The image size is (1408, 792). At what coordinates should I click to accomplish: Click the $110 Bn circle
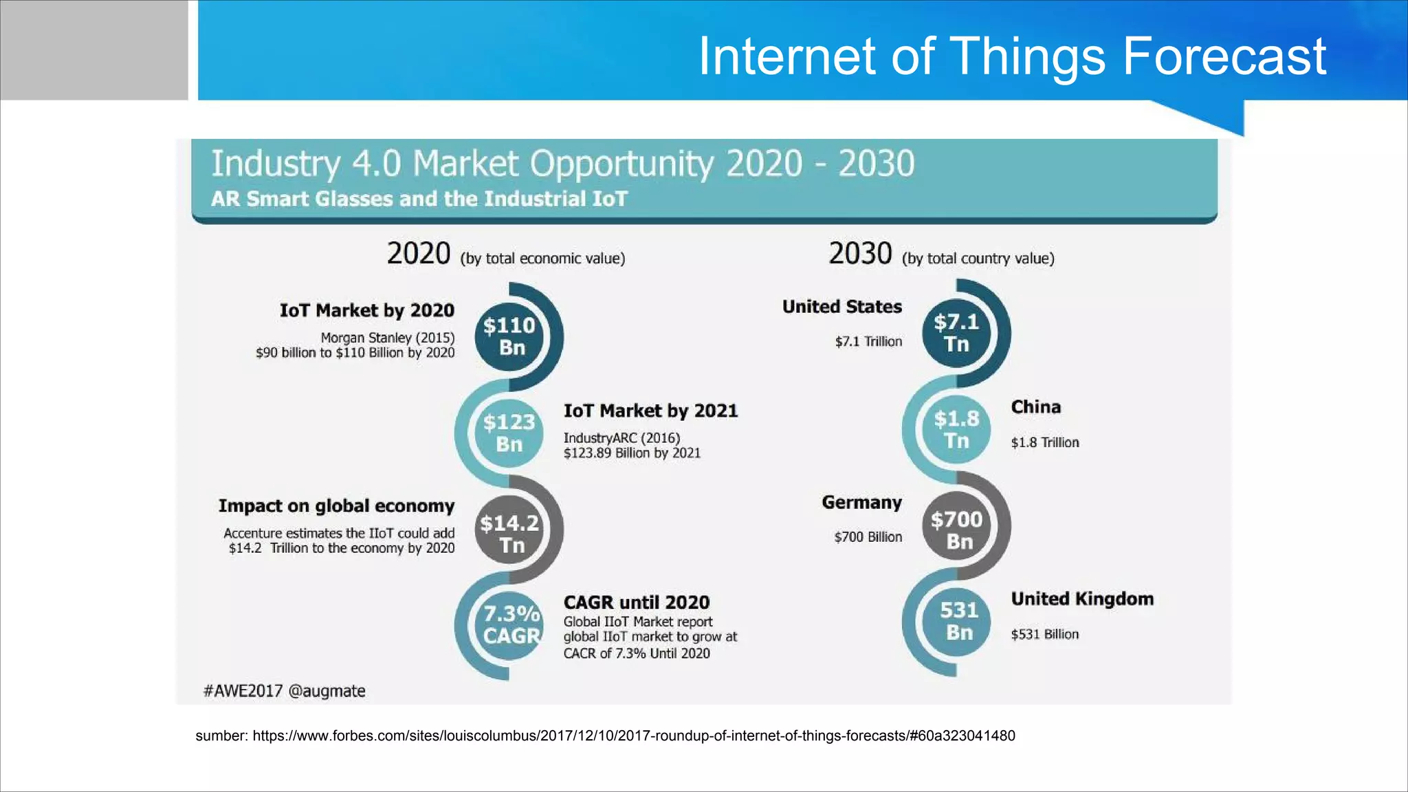509,337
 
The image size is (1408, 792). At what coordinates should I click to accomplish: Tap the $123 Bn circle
509,433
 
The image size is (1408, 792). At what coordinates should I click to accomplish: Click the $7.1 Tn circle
956,333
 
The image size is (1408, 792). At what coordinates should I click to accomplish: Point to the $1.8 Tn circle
956,430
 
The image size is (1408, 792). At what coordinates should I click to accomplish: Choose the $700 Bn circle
956,530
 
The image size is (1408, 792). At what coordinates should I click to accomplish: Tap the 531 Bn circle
958,621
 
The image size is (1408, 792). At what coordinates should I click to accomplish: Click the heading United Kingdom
1082,599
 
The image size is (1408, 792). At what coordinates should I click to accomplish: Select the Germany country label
861,503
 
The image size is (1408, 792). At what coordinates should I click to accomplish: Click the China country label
1035,407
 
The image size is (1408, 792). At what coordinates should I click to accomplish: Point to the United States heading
841,307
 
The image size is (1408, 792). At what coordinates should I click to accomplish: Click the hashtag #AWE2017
243,691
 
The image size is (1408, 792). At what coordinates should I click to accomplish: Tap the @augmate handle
327,691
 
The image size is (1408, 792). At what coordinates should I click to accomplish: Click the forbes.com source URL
633,736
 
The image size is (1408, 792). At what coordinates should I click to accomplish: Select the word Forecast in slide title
1224,56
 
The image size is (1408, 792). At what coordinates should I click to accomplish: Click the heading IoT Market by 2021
650,411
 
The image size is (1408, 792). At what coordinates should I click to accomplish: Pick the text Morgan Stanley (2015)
388,338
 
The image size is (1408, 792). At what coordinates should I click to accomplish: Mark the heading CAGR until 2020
636,603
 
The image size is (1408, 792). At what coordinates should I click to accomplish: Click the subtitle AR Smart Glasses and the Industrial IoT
419,199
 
